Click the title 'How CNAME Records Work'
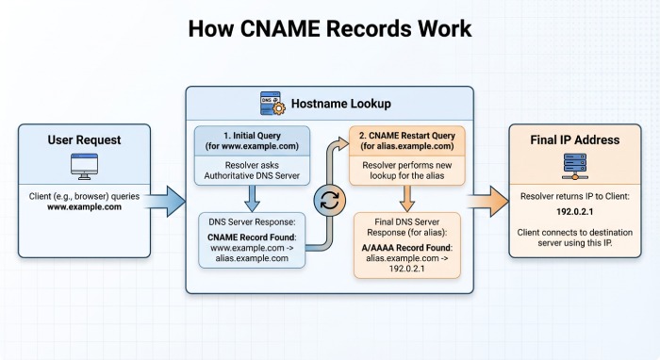click(329, 27)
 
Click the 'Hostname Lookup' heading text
click(340, 105)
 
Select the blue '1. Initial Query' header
click(252, 139)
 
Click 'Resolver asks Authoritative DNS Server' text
click(252, 174)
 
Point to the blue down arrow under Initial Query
click(252, 200)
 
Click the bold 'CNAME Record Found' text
click(252, 236)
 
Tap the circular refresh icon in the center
click(330, 201)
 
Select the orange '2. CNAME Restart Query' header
click(407, 139)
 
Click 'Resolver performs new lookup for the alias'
click(407, 174)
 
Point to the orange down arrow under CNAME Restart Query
click(407, 200)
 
